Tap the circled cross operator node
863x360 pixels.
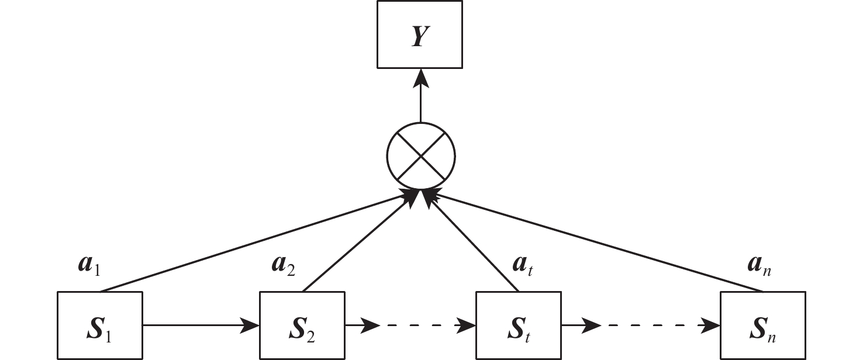420,156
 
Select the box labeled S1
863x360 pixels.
100,325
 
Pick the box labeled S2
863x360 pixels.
302,325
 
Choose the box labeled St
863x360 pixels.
519,325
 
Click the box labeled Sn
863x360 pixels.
762,325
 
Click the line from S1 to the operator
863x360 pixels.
251,245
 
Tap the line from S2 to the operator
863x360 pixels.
357,245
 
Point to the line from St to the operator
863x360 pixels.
474,244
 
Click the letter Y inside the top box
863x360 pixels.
420,36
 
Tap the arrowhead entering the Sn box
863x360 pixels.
712,325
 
